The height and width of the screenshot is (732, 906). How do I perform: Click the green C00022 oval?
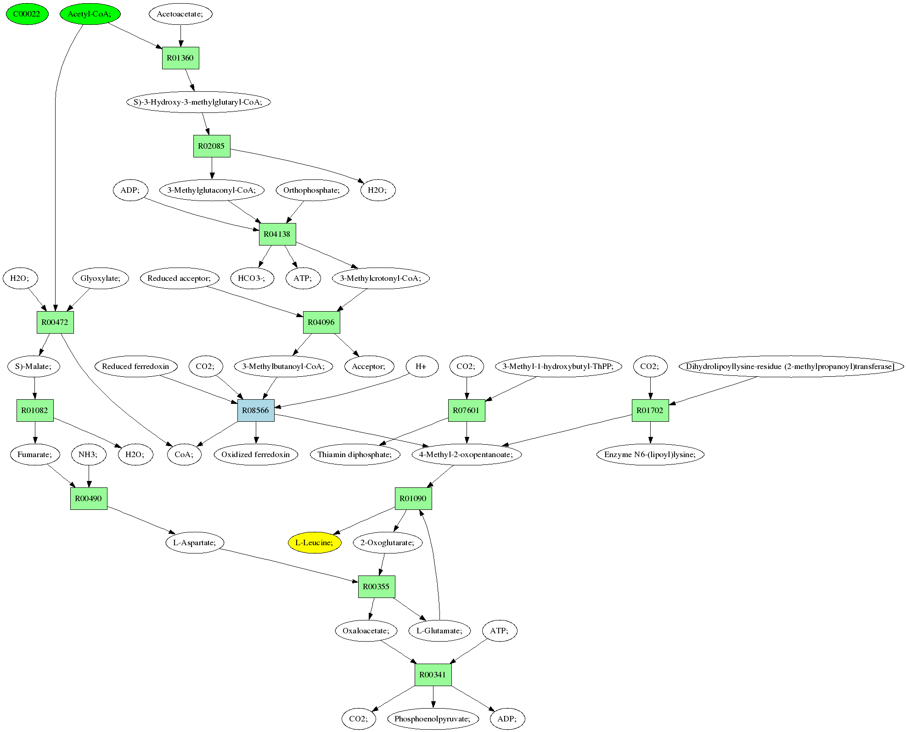pos(27,14)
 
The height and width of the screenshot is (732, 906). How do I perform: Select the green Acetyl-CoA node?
pos(90,14)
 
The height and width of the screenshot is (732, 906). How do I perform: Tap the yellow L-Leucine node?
pos(315,542)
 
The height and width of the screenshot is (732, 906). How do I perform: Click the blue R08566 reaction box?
pos(256,410)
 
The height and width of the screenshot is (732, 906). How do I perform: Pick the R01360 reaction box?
pos(180,58)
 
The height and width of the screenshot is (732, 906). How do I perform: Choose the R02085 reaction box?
pos(212,146)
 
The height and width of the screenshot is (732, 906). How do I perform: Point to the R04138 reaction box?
pos(277,234)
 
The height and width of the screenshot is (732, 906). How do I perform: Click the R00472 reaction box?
pos(55,322)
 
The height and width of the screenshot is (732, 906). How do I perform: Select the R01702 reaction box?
pos(650,410)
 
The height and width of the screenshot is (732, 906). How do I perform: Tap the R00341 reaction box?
pos(433,675)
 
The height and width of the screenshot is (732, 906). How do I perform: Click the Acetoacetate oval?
pos(180,14)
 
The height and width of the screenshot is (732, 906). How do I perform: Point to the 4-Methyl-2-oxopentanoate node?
pos(467,454)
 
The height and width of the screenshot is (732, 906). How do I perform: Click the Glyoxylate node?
pos(101,278)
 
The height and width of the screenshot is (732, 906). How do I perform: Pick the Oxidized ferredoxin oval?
pos(256,454)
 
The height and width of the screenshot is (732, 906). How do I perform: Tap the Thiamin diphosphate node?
pos(355,454)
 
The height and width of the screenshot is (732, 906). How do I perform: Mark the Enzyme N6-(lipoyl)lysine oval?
pos(650,454)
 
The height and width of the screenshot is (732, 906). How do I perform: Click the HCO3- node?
pos(252,278)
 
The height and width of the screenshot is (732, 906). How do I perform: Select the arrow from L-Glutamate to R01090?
pos(434,564)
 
